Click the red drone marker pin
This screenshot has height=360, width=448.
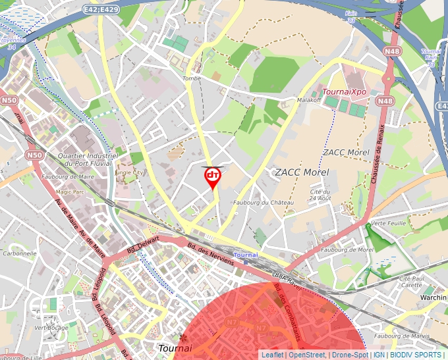tap(212, 176)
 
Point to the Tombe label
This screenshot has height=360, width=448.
tap(191, 78)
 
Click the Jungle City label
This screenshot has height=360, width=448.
tap(128, 172)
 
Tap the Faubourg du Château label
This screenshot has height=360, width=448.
tap(263, 203)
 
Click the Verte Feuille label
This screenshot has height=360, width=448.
tap(388, 223)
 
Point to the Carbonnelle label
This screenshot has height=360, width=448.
tap(19, 253)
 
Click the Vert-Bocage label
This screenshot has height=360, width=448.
tap(51, 327)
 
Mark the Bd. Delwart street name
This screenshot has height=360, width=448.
tap(142, 247)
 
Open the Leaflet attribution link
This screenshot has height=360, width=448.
tap(272, 355)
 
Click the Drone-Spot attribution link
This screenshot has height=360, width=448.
tap(349, 355)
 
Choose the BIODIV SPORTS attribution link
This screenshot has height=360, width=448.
tap(416, 355)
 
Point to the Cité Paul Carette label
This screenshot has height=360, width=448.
tap(411, 282)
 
